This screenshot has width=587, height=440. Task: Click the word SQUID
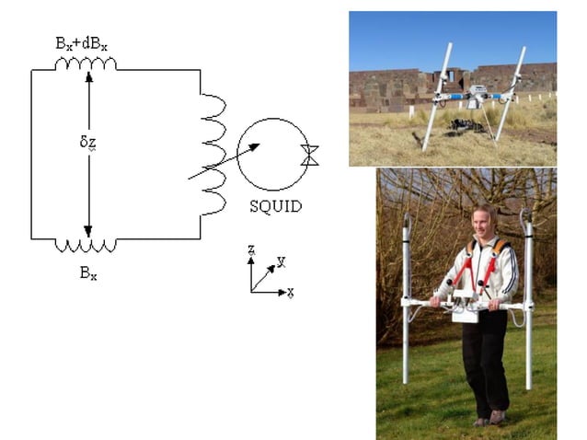pyautogui.click(x=275, y=206)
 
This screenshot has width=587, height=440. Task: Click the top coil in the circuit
pyautogui.click(x=86, y=64)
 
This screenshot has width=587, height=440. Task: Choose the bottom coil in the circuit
pyautogui.click(x=86, y=245)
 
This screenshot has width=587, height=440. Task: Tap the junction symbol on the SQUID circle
pyautogui.click(x=310, y=155)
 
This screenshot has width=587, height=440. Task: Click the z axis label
pyautogui.click(x=250, y=249)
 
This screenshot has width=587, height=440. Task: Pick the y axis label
pyautogui.click(x=281, y=261)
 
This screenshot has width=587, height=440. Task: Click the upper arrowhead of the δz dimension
pyautogui.click(x=88, y=77)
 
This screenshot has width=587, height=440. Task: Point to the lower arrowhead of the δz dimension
pyautogui.click(x=88, y=231)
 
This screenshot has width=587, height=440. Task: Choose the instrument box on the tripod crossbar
pyautogui.click(x=478, y=92)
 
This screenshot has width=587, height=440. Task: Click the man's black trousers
pyautogui.click(x=484, y=359)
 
